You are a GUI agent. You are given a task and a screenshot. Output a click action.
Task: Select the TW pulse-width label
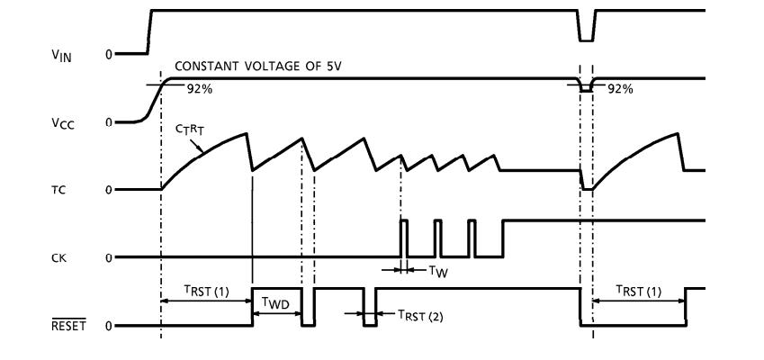[x=433, y=269]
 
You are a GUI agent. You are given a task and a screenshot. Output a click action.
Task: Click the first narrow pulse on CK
[x=404, y=238]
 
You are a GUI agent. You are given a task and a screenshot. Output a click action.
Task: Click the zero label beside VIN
[x=109, y=54]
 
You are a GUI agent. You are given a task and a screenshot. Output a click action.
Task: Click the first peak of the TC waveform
[x=247, y=133]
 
